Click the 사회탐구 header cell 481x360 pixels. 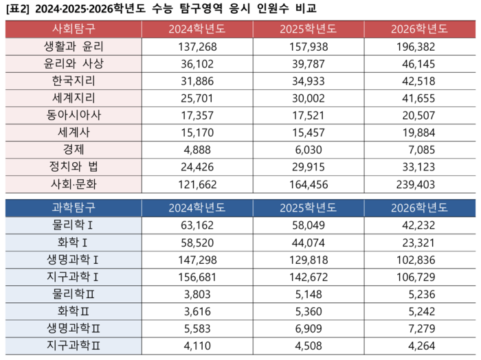73,29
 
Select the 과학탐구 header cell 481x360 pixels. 73,207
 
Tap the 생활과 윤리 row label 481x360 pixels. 74,47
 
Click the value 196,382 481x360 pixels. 418,47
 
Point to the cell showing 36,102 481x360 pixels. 197,64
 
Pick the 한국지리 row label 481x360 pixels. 74,81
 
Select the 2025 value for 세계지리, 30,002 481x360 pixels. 308,98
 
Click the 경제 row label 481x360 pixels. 74,149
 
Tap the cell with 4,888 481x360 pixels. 197,149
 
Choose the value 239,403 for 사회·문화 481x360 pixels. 418,183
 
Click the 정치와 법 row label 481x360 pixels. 74,166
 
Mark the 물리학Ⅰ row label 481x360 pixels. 74,225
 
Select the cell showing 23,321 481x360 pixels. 418,242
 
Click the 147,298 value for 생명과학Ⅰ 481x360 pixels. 197,259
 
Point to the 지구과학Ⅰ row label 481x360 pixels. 74,276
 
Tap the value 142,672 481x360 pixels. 308,276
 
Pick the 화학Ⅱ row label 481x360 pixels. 74,311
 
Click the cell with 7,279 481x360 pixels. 418,328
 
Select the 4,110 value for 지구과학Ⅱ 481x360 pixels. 197,345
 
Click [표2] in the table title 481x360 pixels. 16,8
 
